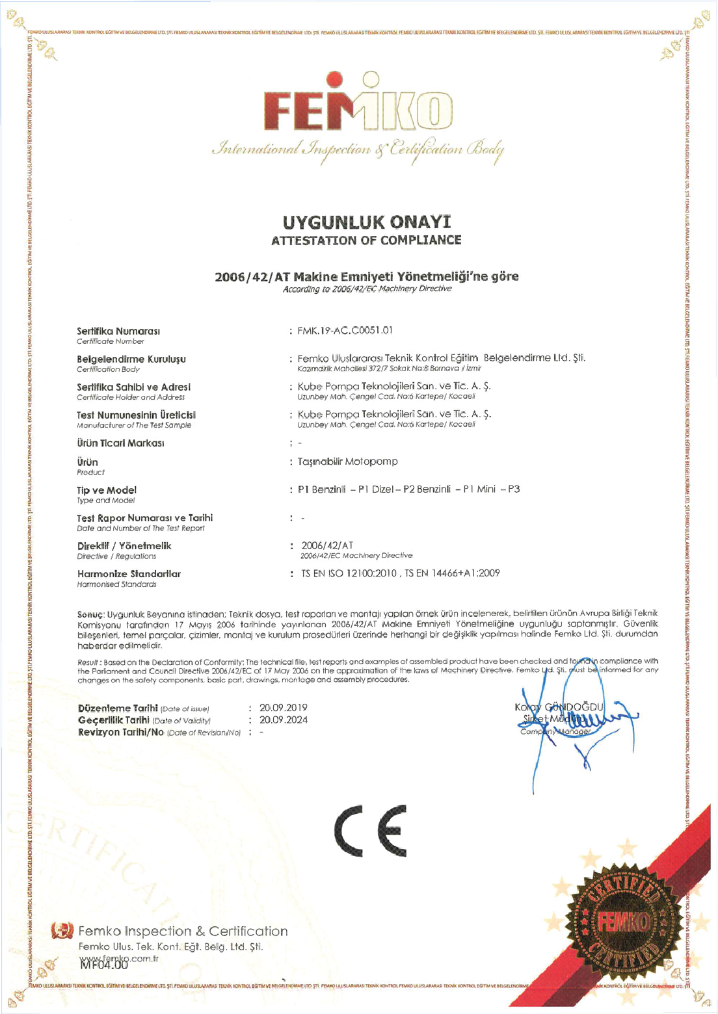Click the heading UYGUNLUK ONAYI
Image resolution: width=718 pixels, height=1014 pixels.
click(366, 222)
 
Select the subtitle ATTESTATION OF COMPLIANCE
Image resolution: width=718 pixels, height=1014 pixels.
click(366, 240)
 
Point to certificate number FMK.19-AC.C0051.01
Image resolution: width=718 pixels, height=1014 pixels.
click(345, 330)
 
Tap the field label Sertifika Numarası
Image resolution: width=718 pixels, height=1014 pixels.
click(118, 331)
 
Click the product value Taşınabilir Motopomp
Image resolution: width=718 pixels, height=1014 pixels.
click(348, 461)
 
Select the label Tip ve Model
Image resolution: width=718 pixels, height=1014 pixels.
click(107, 490)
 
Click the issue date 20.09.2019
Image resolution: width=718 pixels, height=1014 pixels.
click(284, 708)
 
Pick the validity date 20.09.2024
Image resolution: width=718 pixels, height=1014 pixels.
click(284, 720)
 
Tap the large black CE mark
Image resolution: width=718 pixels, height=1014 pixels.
click(371, 831)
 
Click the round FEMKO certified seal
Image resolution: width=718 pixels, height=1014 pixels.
click(624, 922)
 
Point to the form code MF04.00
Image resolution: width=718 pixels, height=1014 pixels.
click(104, 965)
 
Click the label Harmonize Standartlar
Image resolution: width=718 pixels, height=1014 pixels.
click(129, 574)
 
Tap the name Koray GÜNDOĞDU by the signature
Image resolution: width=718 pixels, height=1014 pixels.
click(559, 707)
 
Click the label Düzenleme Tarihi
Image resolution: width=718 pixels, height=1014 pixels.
click(118, 708)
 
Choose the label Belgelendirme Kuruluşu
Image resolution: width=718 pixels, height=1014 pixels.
click(131, 359)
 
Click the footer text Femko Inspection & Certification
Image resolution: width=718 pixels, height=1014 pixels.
click(183, 931)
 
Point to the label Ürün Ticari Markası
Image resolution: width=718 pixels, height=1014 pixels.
click(120, 443)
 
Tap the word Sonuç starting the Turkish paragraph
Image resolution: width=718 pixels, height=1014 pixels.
click(90, 614)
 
